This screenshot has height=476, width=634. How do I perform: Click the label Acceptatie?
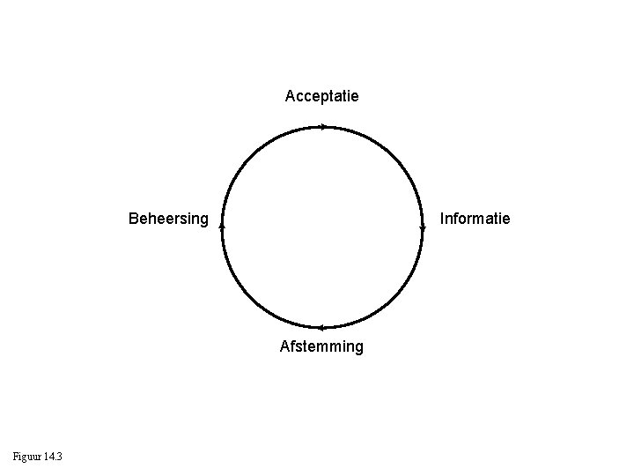coord(321,95)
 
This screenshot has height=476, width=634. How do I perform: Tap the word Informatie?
coord(475,218)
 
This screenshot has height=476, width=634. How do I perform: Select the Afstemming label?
coord(321,346)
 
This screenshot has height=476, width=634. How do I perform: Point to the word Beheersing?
coord(168,218)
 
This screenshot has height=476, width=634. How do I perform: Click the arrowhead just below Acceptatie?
coord(323,127)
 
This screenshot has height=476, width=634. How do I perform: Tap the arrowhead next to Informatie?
coord(423,227)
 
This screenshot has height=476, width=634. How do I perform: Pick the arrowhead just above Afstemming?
coord(321,328)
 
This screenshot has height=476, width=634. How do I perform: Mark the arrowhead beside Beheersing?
coord(223,226)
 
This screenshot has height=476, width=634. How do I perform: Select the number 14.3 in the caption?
coord(51,456)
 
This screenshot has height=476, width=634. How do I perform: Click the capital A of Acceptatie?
coord(291,95)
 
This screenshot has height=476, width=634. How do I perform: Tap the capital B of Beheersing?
coord(134,218)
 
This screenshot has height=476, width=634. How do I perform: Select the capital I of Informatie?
coord(442,218)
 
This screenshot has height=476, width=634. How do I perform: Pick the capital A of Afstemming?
coord(285,346)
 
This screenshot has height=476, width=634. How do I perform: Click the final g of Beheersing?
coord(204,219)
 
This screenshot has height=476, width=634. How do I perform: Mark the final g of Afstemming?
coord(358,348)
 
